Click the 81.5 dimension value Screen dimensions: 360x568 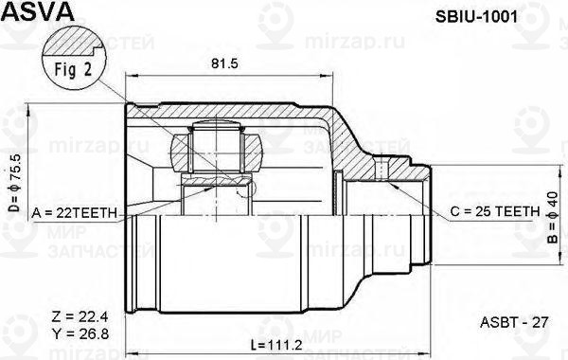point(223,64)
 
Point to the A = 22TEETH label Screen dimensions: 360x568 point(73,213)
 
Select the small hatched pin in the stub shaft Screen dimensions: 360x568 point(380,171)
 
